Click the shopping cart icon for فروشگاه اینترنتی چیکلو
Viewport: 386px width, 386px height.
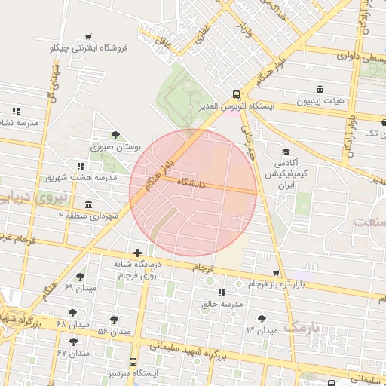pyautogui.click(x=89, y=36)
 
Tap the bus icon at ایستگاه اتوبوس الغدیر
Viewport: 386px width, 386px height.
pyautogui.click(x=237, y=95)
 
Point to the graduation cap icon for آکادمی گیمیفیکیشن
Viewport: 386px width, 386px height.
pyautogui.click(x=286, y=151)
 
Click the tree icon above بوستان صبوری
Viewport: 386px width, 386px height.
pyautogui.click(x=115, y=135)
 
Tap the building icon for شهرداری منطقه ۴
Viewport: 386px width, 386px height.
pyautogui.click(x=89, y=204)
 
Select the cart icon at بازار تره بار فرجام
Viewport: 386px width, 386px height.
pyautogui.click(x=276, y=272)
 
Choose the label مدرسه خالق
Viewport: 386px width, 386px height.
pyautogui.click(x=222, y=305)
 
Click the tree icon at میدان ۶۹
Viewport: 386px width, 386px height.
pyautogui.click(x=80, y=277)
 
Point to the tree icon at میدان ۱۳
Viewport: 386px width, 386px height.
pyautogui.click(x=262, y=319)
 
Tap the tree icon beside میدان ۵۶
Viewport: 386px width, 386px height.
pyautogui.click(x=114, y=320)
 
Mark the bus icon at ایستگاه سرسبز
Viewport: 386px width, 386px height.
pyautogui.click(x=133, y=363)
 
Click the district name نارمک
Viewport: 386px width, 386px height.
pyautogui.click(x=303, y=327)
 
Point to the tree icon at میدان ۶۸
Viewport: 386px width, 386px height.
pyautogui.click(x=73, y=312)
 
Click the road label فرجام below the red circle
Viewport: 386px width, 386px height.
pyautogui.click(x=203, y=268)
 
